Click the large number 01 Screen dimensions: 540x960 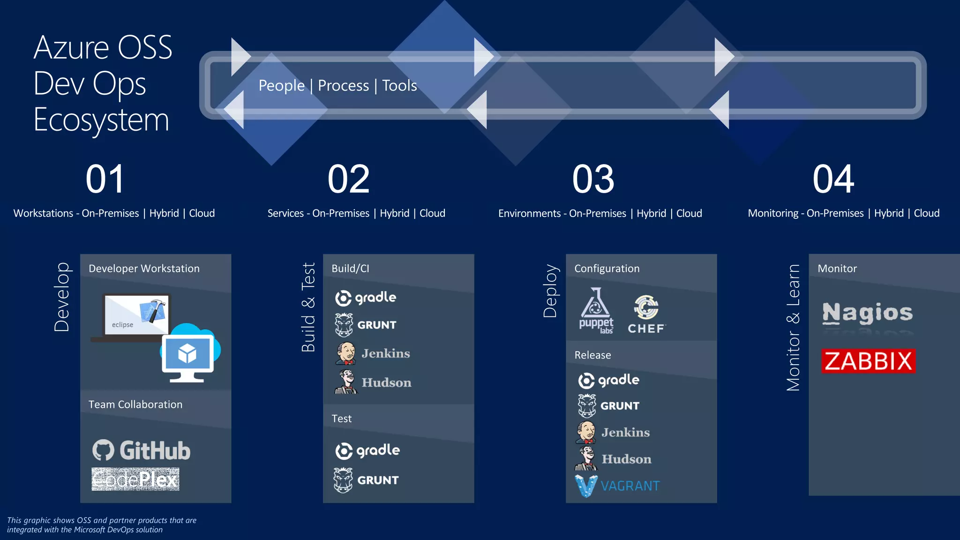coord(105,179)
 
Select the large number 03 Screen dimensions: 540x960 coord(593,179)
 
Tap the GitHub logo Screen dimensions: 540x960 coord(141,450)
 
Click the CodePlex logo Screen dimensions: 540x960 coord(135,479)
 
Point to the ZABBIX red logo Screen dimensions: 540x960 coord(868,361)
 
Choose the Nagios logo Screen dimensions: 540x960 coord(868,313)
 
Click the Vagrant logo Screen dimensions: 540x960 coord(617,486)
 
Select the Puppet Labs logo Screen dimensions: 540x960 coord(596,311)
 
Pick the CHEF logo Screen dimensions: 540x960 coord(646,315)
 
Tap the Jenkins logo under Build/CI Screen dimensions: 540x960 coord(373,353)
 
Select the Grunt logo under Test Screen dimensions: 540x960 coord(366,480)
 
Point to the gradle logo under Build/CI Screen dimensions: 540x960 coord(366,298)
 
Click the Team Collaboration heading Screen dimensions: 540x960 coord(135,405)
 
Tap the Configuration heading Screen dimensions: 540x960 coord(607,269)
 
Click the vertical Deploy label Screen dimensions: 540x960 coord(550,291)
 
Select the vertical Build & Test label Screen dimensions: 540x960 coord(308,307)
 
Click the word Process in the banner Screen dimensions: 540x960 coord(343,86)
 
